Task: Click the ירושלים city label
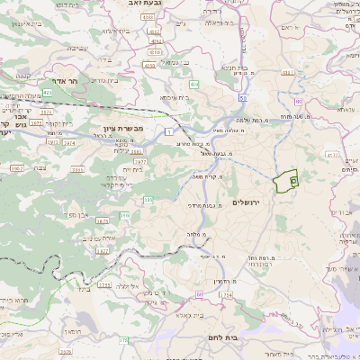click(245, 202)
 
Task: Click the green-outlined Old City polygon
click(287, 181)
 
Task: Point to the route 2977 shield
click(141, 161)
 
